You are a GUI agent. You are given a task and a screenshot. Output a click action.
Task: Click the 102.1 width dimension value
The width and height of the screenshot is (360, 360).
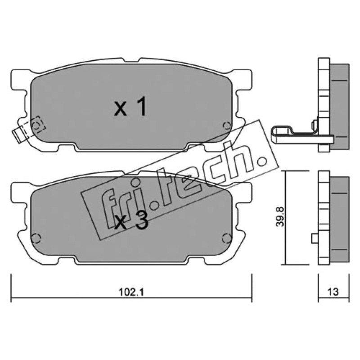pyautogui.click(x=131, y=292)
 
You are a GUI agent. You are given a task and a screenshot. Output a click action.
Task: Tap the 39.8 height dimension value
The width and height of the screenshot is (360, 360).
pyautogui.click(x=280, y=217)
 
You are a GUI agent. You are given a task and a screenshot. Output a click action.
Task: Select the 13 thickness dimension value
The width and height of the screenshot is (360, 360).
pyautogui.click(x=333, y=292)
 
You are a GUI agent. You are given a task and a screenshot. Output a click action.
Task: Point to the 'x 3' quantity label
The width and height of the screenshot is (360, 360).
pyautogui.click(x=131, y=222)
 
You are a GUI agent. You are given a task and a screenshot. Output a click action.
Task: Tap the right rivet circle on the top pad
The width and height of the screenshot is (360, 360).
pyautogui.click(x=227, y=126)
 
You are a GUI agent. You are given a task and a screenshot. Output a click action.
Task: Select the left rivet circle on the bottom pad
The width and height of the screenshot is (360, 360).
pyautogui.click(x=36, y=238)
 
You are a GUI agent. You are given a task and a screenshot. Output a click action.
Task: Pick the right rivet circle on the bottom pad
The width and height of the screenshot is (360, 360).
pyautogui.click(x=227, y=238)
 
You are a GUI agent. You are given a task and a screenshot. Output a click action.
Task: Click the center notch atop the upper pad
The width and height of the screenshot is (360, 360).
pyautogui.click(x=131, y=60)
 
